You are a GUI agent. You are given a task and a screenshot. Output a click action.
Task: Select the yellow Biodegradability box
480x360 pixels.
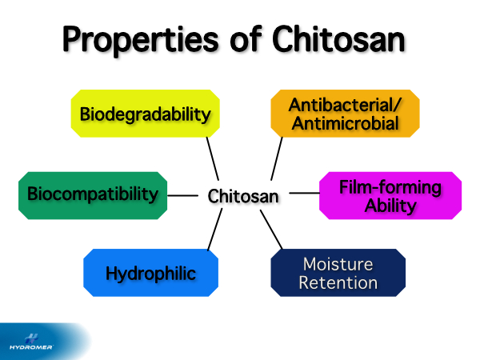click(x=145, y=113)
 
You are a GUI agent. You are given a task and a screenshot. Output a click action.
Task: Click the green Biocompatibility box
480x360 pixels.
click(x=93, y=194)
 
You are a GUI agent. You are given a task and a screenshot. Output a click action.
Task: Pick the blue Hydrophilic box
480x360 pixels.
click(x=151, y=273)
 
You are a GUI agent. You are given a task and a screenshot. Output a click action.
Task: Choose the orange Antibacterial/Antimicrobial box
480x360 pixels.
click(x=344, y=114)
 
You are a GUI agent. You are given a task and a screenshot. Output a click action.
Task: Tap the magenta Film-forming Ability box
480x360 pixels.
click(x=390, y=196)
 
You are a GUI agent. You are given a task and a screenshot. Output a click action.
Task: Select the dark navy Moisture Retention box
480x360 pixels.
click(x=338, y=273)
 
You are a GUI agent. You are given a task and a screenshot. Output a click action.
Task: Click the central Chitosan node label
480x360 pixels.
click(x=244, y=195)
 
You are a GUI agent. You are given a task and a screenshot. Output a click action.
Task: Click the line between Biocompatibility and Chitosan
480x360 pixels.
click(x=183, y=194)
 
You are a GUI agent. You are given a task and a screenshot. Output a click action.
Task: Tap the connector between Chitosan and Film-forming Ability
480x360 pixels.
click(x=304, y=193)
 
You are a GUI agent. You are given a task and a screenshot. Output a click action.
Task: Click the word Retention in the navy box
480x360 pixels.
click(x=338, y=282)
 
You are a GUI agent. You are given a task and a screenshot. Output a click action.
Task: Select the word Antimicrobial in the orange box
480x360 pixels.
click(x=344, y=123)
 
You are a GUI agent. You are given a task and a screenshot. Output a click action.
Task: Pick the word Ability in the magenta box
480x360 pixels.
click(x=390, y=206)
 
